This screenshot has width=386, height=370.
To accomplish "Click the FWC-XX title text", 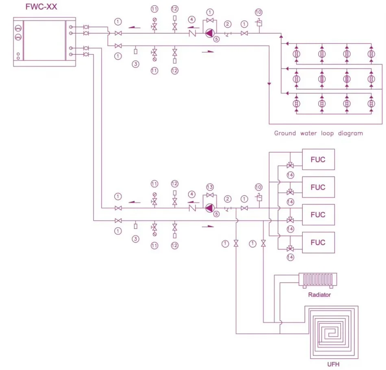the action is (x=41, y=6).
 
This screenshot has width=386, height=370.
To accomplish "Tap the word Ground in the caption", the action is (x=285, y=133).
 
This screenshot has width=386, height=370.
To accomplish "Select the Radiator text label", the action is (x=319, y=294).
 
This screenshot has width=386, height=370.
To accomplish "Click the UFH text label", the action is (x=333, y=364).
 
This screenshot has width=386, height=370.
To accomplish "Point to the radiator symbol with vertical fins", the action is (x=318, y=280).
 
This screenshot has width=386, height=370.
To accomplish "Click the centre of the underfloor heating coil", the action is (x=331, y=332).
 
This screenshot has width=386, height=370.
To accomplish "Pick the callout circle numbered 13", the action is (x=210, y=187).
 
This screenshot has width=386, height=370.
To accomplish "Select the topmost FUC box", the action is (x=318, y=160).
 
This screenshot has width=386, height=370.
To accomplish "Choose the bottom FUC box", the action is (x=318, y=242).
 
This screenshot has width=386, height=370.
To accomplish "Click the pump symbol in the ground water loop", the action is (x=210, y=33).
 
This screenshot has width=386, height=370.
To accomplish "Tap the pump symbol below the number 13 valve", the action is (x=210, y=208).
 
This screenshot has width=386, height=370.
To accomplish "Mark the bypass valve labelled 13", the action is (x=210, y=195).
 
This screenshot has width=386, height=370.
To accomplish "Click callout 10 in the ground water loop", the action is (x=258, y=12).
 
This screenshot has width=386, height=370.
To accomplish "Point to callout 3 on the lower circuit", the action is (x=135, y=239).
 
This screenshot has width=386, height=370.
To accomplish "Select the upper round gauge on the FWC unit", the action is (x=18, y=28).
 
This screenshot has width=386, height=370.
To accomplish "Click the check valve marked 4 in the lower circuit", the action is (x=192, y=208).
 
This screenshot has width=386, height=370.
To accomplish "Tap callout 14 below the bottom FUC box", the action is (x=290, y=257).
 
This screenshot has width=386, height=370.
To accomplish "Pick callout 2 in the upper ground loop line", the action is (x=228, y=24).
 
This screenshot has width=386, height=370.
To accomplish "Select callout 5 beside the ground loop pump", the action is (x=216, y=39).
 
